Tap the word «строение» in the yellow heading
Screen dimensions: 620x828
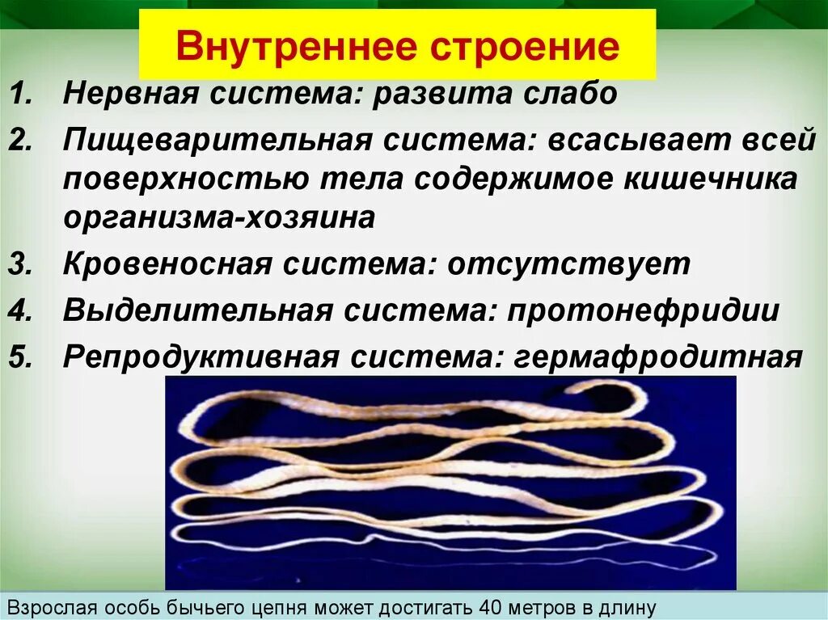(530, 48)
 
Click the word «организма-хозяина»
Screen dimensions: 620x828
(219, 218)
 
